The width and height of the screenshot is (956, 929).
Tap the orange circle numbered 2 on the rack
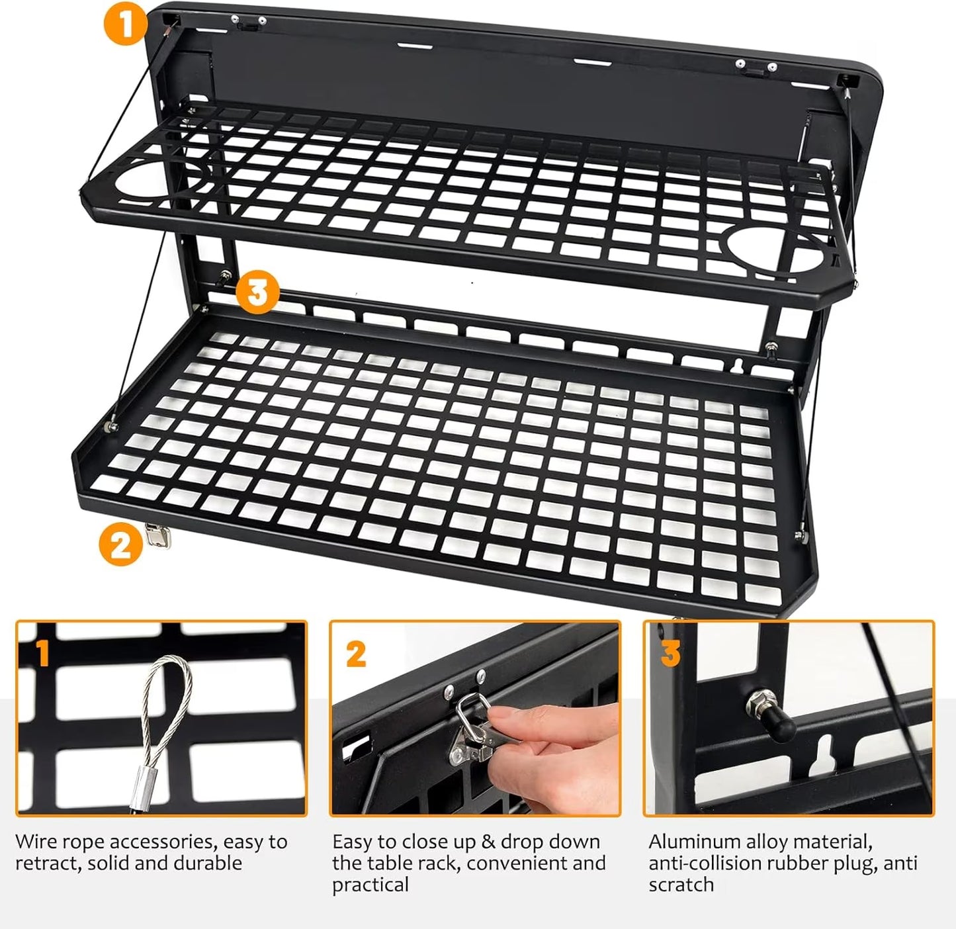coord(121,545)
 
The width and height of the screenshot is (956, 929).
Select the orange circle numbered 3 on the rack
coord(257,292)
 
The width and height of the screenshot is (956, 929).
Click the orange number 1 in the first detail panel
coord(42,653)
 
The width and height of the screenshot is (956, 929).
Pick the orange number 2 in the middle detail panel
coord(355,654)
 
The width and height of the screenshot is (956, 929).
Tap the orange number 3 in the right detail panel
coord(670,652)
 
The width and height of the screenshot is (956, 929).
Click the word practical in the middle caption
coord(370,885)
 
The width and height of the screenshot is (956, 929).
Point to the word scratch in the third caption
coord(681,885)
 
